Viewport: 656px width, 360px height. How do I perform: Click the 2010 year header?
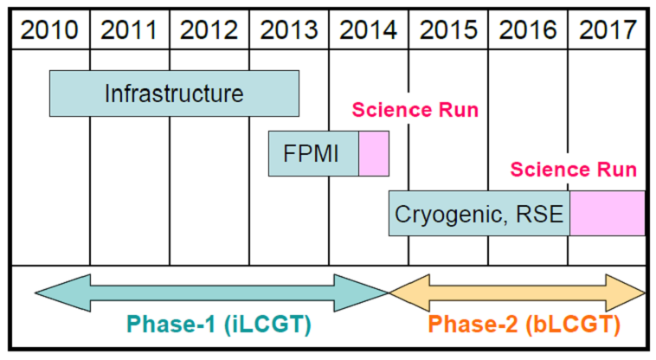tap(49, 30)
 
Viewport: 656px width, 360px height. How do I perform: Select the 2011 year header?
tap(129, 30)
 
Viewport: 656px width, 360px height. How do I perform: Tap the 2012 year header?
tap(209, 30)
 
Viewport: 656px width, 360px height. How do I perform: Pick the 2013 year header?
tap(289, 30)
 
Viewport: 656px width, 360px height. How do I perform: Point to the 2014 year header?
tap(368, 30)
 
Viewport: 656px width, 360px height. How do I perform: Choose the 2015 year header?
tap(448, 30)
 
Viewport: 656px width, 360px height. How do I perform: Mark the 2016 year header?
tap(528, 30)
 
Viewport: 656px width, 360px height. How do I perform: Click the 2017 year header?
tap(608, 30)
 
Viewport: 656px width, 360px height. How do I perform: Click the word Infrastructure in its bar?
tap(174, 93)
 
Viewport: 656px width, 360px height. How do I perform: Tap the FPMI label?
tap(311, 153)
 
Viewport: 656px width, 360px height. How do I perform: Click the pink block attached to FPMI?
tap(374, 153)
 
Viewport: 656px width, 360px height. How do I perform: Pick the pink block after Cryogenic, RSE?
tap(607, 213)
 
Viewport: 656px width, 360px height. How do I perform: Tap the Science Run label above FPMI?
tap(415, 110)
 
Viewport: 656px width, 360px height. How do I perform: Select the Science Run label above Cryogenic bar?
tap(573, 170)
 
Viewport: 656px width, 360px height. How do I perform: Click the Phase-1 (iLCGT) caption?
tap(219, 325)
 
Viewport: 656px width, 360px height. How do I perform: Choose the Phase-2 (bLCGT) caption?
tap(524, 325)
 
